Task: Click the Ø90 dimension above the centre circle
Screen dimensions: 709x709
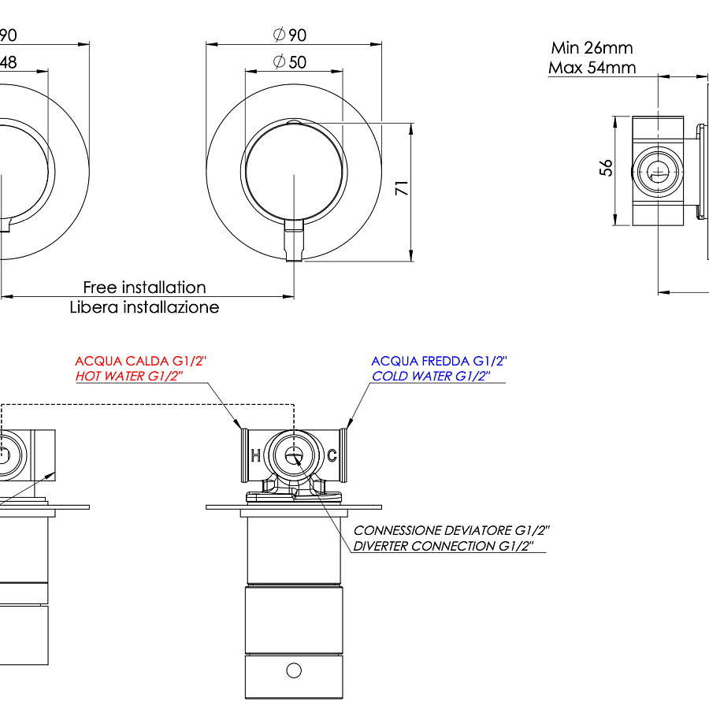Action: pos(289,35)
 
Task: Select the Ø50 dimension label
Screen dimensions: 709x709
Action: pos(289,62)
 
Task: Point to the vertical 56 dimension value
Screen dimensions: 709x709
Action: pos(606,168)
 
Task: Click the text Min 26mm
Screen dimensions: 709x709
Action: pos(592,48)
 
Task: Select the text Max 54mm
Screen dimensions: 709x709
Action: pos(592,68)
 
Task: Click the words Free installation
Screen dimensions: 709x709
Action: pos(144,288)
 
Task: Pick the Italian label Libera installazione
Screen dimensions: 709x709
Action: pos(144,307)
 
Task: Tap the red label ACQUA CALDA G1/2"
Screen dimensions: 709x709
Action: pos(140,361)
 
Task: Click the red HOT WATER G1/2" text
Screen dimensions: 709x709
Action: pos(129,377)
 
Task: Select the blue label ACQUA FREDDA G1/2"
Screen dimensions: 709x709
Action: pos(439,361)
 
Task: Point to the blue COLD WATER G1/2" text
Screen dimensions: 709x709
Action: pos(431,377)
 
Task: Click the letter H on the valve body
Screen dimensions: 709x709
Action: pos(255,455)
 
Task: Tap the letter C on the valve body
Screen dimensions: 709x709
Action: pos(332,455)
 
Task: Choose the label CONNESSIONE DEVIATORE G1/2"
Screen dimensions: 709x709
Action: pos(451,530)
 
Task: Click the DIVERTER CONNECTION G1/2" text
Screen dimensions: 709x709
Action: pos(444,546)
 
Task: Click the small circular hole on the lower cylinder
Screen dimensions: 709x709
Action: pos(294,670)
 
